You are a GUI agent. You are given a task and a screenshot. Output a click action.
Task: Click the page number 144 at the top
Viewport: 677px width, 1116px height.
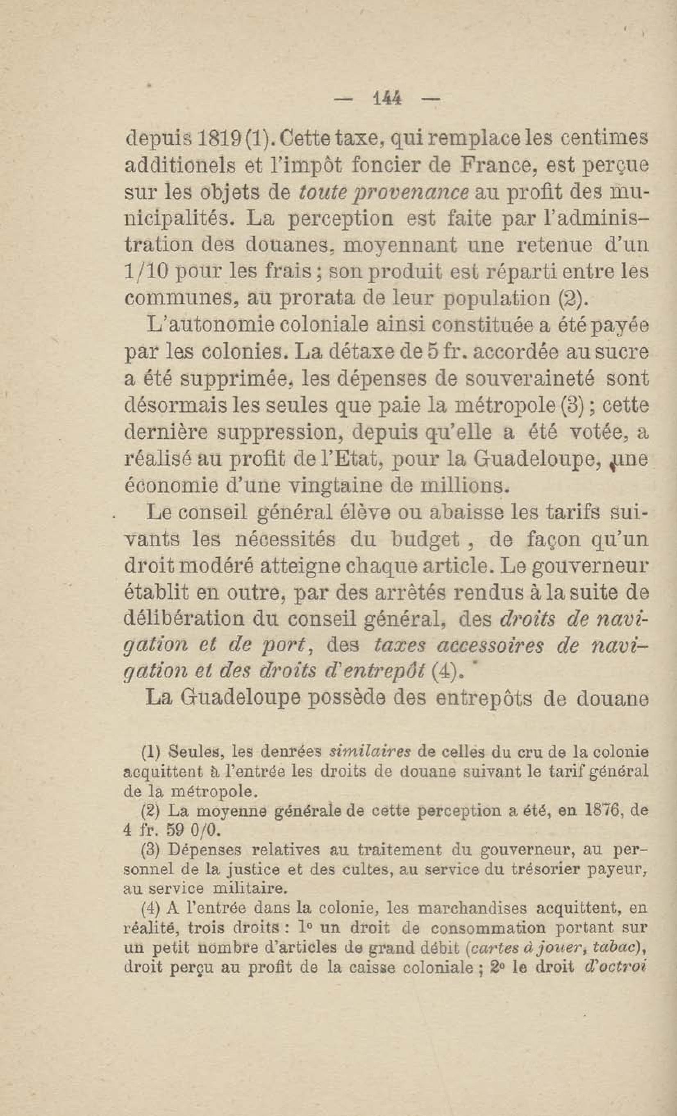(x=386, y=99)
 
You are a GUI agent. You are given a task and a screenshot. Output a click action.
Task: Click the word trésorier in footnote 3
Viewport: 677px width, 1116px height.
(x=545, y=870)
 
